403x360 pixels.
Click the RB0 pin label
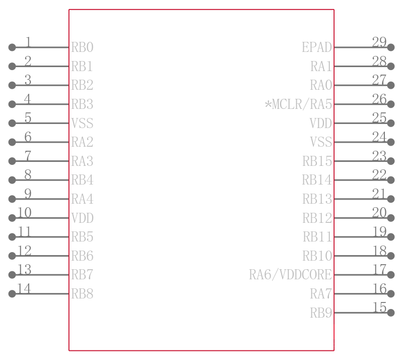pyautogui.click(x=82, y=47)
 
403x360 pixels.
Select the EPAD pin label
pyautogui.click(x=317, y=47)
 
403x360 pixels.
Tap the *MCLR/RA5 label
pyautogui.click(x=298, y=104)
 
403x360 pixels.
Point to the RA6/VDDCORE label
pyautogui.click(x=291, y=275)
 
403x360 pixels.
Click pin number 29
pyautogui.click(x=379, y=42)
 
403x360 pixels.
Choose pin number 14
pyautogui.click(x=24, y=288)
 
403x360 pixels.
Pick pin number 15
pyautogui.click(x=379, y=307)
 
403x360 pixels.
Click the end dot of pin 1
pyautogui.click(x=12, y=47)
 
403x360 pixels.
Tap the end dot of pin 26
pyautogui.click(x=391, y=104)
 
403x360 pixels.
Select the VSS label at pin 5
pyautogui.click(x=82, y=123)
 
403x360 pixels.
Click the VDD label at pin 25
pyautogui.click(x=321, y=123)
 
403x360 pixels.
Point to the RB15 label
pyautogui.click(x=317, y=161)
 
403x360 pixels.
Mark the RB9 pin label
pyautogui.click(x=321, y=313)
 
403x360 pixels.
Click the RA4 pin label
pyautogui.click(x=82, y=199)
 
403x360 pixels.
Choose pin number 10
pyautogui.click(x=24, y=213)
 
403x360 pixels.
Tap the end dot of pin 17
pyautogui.click(x=391, y=275)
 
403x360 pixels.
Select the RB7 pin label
pyautogui.click(x=82, y=275)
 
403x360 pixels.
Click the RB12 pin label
pyautogui.click(x=317, y=218)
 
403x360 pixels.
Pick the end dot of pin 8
pyautogui.click(x=12, y=180)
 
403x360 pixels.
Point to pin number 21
pyautogui.click(x=379, y=194)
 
